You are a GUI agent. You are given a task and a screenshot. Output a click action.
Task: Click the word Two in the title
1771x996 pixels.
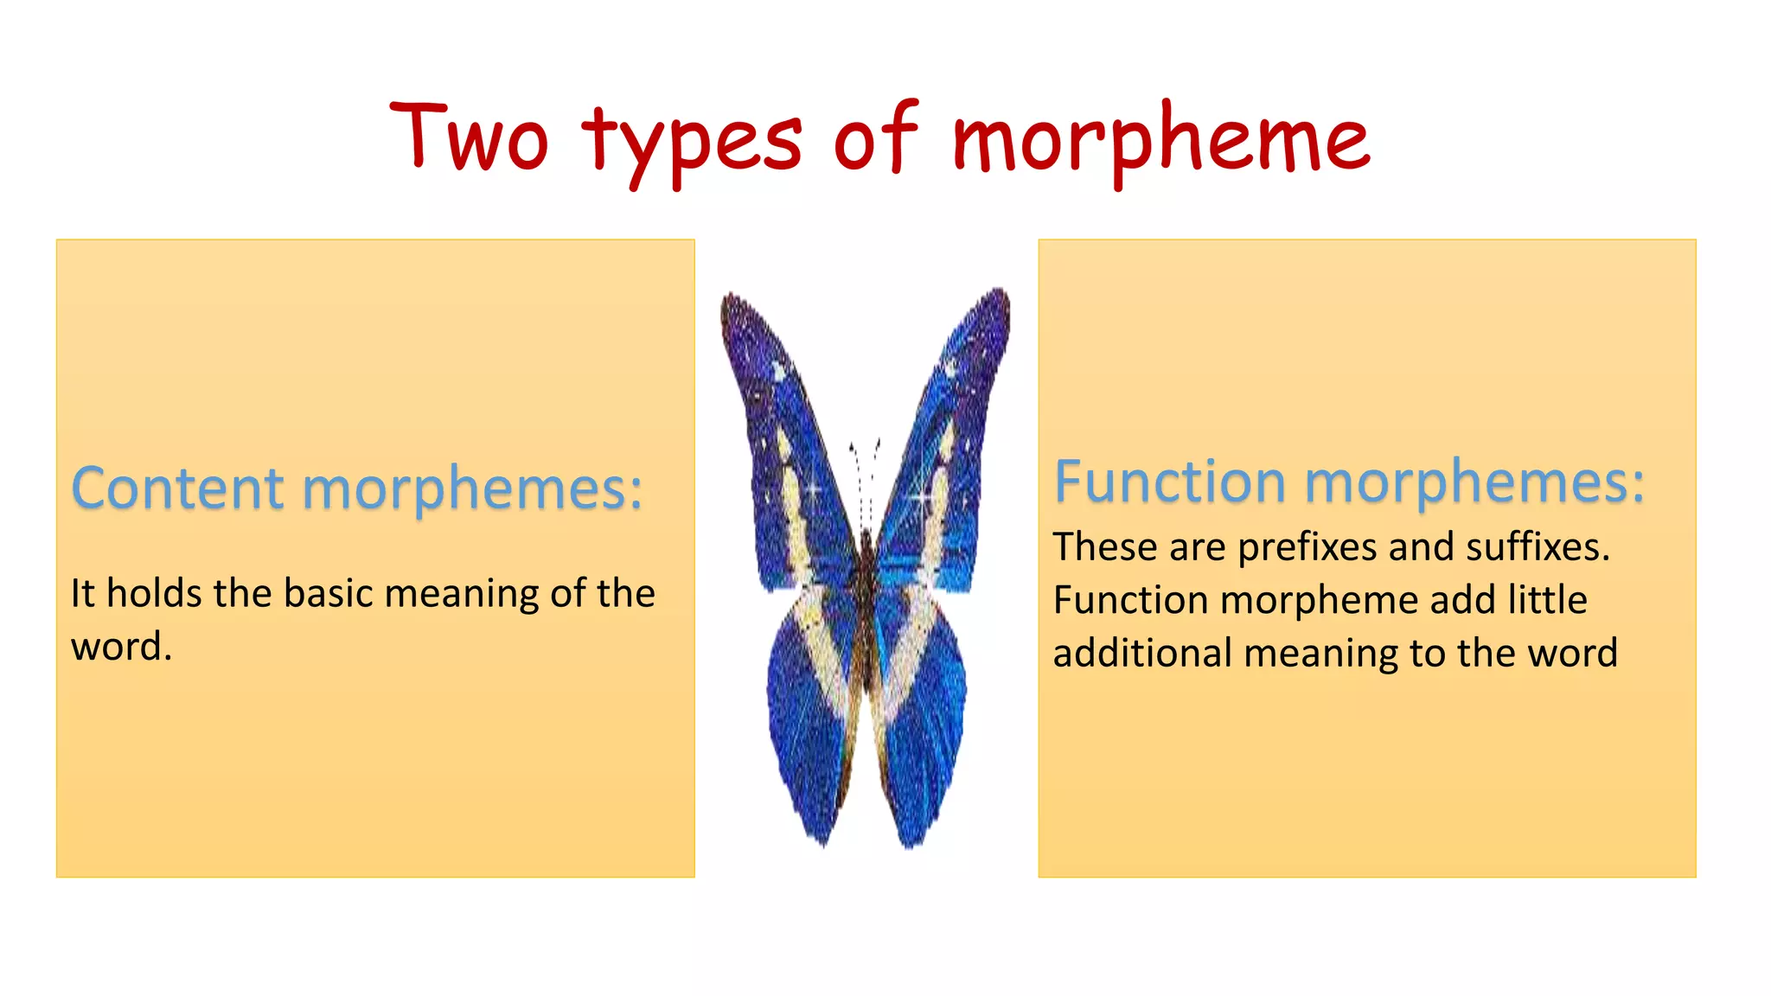469,138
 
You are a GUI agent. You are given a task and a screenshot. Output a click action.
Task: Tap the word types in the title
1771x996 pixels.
693,143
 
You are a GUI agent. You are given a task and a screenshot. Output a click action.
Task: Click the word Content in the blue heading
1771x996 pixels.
177,488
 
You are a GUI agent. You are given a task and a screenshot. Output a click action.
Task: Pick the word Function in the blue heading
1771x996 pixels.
1169,482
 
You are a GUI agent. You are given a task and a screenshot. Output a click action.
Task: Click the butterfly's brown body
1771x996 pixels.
866,605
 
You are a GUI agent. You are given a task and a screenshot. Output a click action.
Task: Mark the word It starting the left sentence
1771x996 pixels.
82,593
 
